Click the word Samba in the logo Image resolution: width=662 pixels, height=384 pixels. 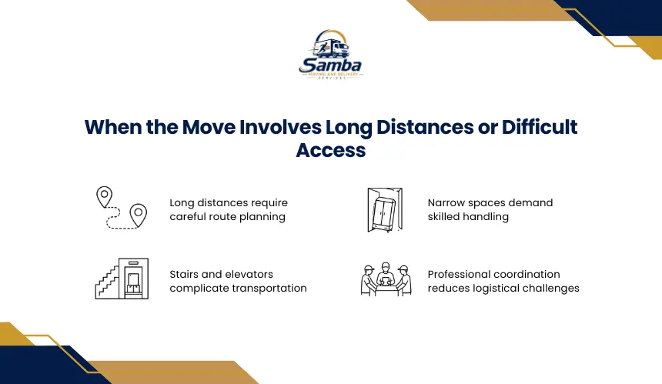tap(330, 65)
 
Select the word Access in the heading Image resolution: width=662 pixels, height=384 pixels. tap(330, 150)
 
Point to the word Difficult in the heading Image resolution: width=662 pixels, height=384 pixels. tap(539, 127)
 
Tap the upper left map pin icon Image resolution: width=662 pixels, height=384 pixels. tap(104, 197)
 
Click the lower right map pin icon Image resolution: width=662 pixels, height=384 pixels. tap(138, 215)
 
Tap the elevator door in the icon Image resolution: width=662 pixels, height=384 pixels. tap(133, 282)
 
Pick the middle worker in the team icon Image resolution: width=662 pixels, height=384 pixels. tap(385, 274)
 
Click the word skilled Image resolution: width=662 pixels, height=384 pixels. tap(443, 216)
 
